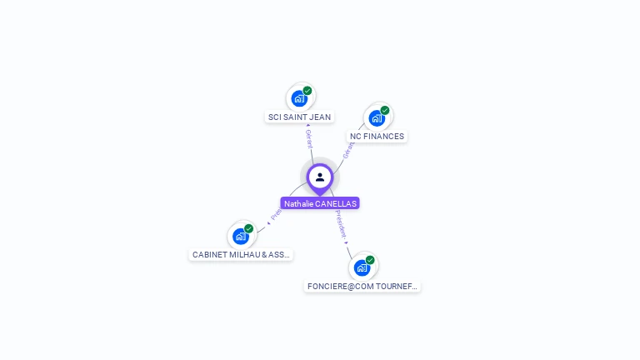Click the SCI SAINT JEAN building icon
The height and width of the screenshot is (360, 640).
tap(299, 98)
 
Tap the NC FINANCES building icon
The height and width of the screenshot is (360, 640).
tap(377, 117)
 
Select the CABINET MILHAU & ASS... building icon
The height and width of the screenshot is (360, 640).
tap(241, 236)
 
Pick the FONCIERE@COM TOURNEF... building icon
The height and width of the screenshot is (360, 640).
tap(362, 267)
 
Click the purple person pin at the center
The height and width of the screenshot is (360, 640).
tap(320, 177)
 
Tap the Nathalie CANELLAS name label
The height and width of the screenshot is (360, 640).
tap(320, 203)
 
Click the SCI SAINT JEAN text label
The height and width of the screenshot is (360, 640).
tap(299, 117)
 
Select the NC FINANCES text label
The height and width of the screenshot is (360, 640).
tap(377, 137)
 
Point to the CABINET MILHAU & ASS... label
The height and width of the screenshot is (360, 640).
tap(241, 255)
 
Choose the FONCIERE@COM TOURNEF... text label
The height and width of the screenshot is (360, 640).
tap(362, 287)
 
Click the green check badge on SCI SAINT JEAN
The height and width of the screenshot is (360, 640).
tap(307, 91)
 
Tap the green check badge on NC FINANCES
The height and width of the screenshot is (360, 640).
tap(385, 110)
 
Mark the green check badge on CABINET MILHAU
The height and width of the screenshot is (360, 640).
tap(249, 228)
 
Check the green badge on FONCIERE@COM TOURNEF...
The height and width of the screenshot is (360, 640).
tap(370, 260)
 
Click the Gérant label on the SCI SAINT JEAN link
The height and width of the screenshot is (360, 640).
tap(308, 138)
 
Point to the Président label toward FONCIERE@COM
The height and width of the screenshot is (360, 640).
tap(342, 225)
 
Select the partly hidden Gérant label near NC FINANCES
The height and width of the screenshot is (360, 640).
tap(348, 150)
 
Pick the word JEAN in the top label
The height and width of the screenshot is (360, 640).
tap(320, 117)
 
